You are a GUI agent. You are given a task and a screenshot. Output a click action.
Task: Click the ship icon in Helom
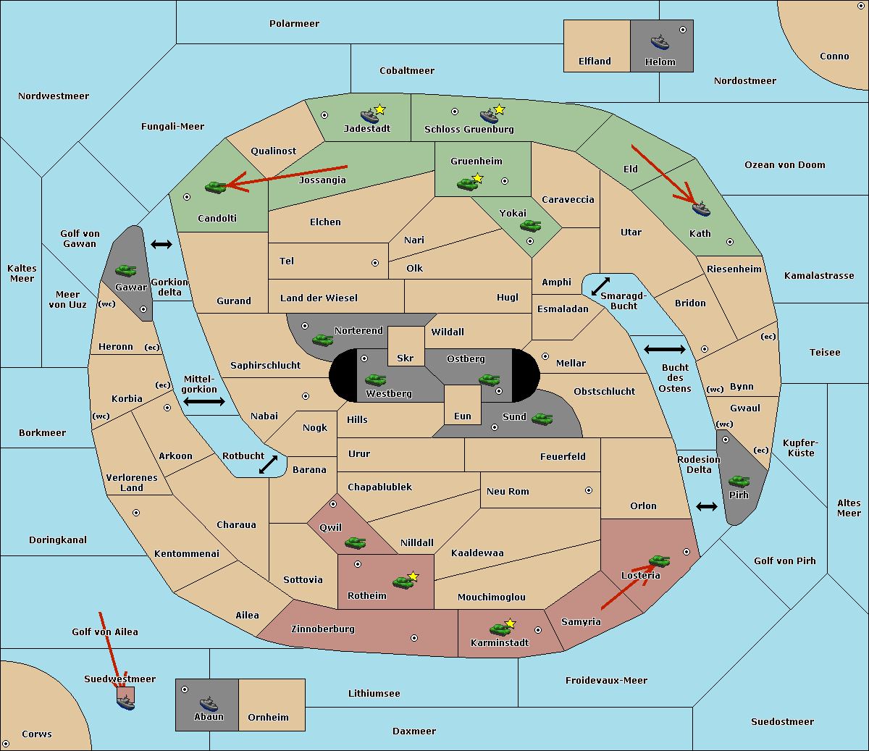660,41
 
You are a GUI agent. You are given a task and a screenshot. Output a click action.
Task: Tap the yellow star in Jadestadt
380,109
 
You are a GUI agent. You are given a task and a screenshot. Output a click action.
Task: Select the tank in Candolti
215,187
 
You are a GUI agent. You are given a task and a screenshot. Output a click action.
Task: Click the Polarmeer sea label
294,24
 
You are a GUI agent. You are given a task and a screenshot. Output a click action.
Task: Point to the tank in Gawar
125,270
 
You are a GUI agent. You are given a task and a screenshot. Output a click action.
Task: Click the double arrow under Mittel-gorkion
204,401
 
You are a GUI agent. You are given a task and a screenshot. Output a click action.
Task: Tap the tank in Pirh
739,481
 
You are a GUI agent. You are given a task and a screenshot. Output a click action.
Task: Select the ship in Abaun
209,703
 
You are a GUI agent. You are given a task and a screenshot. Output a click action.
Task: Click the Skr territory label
405,358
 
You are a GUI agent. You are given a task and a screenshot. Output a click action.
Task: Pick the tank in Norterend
322,339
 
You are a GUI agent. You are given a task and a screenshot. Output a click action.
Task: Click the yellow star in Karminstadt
510,623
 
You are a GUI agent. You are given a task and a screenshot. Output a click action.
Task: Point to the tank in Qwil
355,542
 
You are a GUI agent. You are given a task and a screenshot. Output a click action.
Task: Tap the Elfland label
595,62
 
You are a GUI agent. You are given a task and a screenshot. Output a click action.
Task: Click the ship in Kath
701,209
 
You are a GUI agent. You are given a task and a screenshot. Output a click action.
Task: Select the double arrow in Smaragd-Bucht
600,286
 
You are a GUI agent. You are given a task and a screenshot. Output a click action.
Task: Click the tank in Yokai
530,226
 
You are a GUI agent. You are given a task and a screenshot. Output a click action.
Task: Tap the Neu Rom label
508,491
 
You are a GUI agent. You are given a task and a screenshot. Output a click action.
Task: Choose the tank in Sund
542,419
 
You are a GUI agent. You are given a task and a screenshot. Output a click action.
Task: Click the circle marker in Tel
375,263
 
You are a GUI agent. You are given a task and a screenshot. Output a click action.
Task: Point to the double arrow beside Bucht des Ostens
664,350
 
